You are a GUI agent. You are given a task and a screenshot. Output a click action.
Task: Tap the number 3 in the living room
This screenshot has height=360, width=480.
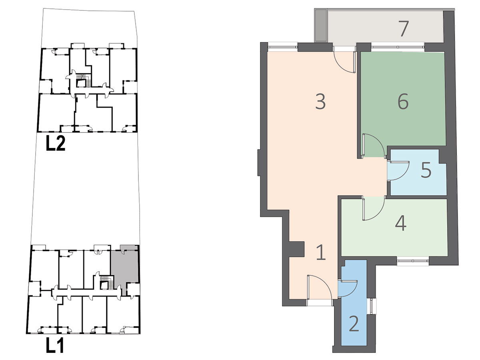coord(320,102)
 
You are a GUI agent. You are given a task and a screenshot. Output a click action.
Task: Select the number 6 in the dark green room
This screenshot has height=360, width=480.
coord(403,101)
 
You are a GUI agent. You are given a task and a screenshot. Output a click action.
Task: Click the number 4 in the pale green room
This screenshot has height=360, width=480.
coord(401,223)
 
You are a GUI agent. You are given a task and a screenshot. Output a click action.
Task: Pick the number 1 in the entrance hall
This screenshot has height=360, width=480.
coord(321,252)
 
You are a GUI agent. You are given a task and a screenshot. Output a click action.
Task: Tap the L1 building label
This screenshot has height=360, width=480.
coord(55,345)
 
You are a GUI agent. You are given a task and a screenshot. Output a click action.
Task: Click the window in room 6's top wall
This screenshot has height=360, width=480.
coord(398,46)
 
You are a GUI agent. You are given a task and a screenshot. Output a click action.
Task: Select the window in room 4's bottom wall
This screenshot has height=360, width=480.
coord(413,261)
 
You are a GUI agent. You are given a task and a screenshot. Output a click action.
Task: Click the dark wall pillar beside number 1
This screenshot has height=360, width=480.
coord(296,249)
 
